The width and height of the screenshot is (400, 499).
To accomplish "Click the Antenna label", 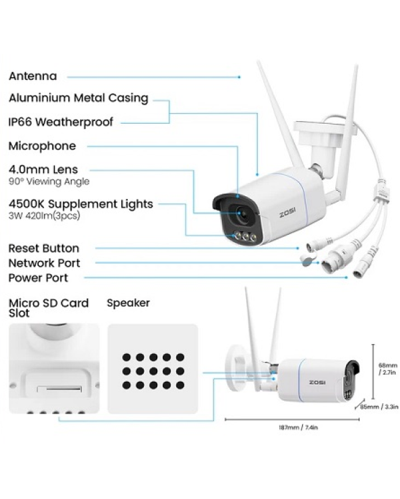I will tap(33, 77).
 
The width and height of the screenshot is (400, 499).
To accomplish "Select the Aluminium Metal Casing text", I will tap(78, 98).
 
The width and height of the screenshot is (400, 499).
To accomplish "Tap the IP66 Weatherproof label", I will tap(61, 122).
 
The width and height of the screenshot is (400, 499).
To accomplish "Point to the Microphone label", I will tap(42, 146).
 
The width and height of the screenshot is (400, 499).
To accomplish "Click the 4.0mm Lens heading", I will tap(43, 170).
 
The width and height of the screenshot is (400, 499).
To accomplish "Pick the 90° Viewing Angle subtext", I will tap(49, 182).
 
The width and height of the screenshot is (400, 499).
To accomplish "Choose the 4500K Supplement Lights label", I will tap(81, 204).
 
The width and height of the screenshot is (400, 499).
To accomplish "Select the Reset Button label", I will tap(44, 248).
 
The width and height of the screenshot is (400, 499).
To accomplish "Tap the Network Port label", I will tap(45, 263).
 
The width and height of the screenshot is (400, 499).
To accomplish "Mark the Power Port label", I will tap(38, 277).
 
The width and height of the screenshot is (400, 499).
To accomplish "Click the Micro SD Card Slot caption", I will tap(48, 307).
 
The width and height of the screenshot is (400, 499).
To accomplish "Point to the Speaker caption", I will tap(128, 303).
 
